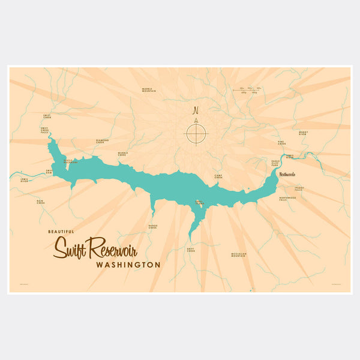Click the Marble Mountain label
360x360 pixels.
click(x=149, y=90)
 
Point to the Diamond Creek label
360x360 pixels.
click(x=103, y=142)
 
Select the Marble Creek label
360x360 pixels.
click(x=123, y=153)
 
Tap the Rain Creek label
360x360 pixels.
click(x=41, y=202)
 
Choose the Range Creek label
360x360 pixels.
click(x=152, y=227)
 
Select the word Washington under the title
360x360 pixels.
click(x=128, y=265)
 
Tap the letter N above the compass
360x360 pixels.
click(x=195, y=111)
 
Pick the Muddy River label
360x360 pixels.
click(x=302, y=134)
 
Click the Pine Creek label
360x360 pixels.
click(x=282, y=143)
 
